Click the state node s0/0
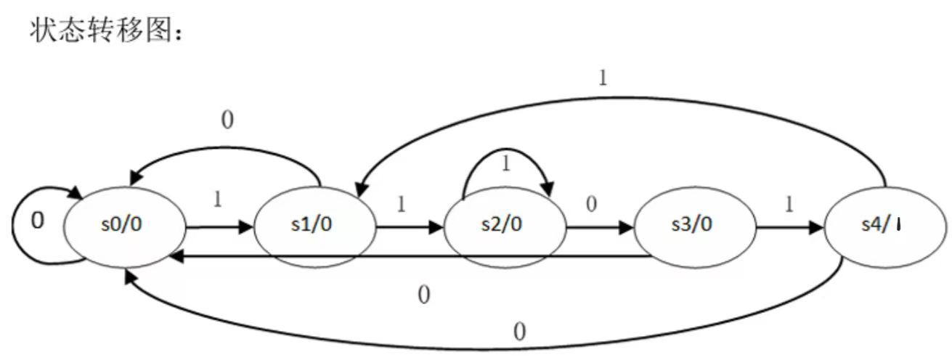coord(124,226)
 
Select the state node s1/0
coord(314,226)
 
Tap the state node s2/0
coord(505,226)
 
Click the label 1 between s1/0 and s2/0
coord(400,204)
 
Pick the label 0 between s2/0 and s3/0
coord(591,204)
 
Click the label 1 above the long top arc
coord(602,78)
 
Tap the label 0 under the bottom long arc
coord(519,332)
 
